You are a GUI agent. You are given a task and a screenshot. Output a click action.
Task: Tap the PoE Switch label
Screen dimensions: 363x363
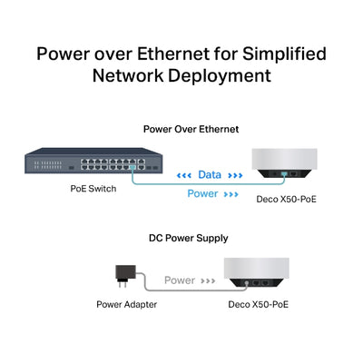[92, 190]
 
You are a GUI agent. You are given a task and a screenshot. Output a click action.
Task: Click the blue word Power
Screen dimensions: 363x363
[201, 192]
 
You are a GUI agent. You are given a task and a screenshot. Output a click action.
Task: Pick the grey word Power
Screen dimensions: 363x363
[180, 280]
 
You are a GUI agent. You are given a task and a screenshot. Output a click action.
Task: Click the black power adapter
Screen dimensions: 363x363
[121, 274]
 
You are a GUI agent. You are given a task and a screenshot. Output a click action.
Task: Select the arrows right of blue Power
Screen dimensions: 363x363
[231, 193]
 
